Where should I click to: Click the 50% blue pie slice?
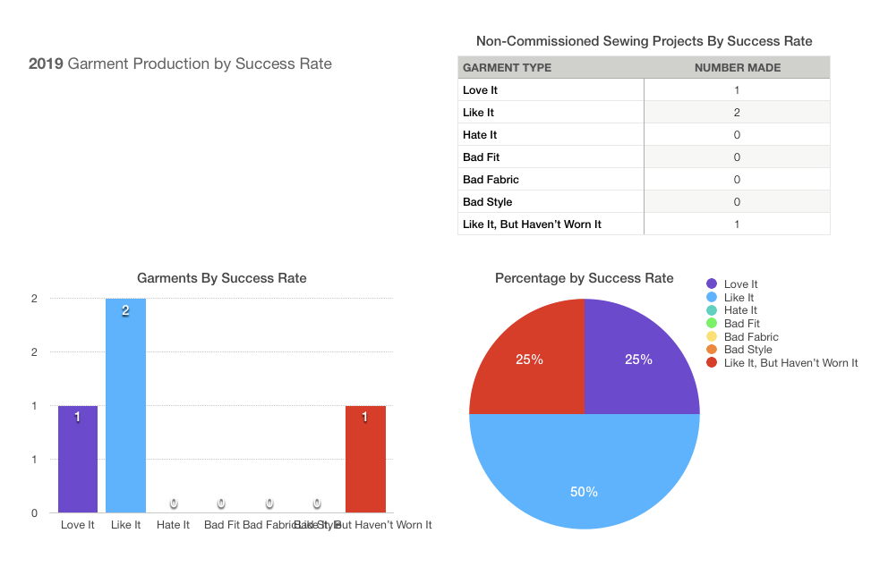pos(584,474)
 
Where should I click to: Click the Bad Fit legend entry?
pos(741,324)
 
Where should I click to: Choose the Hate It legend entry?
pos(740,310)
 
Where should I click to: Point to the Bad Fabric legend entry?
pos(750,336)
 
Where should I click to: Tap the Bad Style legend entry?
pos(747,350)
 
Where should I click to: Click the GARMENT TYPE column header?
pos(507,68)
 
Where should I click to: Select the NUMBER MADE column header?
pos(738,68)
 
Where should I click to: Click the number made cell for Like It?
pos(737,113)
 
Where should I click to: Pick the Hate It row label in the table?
pos(480,135)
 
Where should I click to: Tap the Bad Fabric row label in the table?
pos(491,180)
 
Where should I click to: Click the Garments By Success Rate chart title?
pos(221,278)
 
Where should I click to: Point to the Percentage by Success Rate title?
pos(584,278)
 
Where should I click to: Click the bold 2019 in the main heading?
pos(46,63)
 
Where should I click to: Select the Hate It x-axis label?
pos(173,525)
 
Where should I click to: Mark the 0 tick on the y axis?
pos(34,513)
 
